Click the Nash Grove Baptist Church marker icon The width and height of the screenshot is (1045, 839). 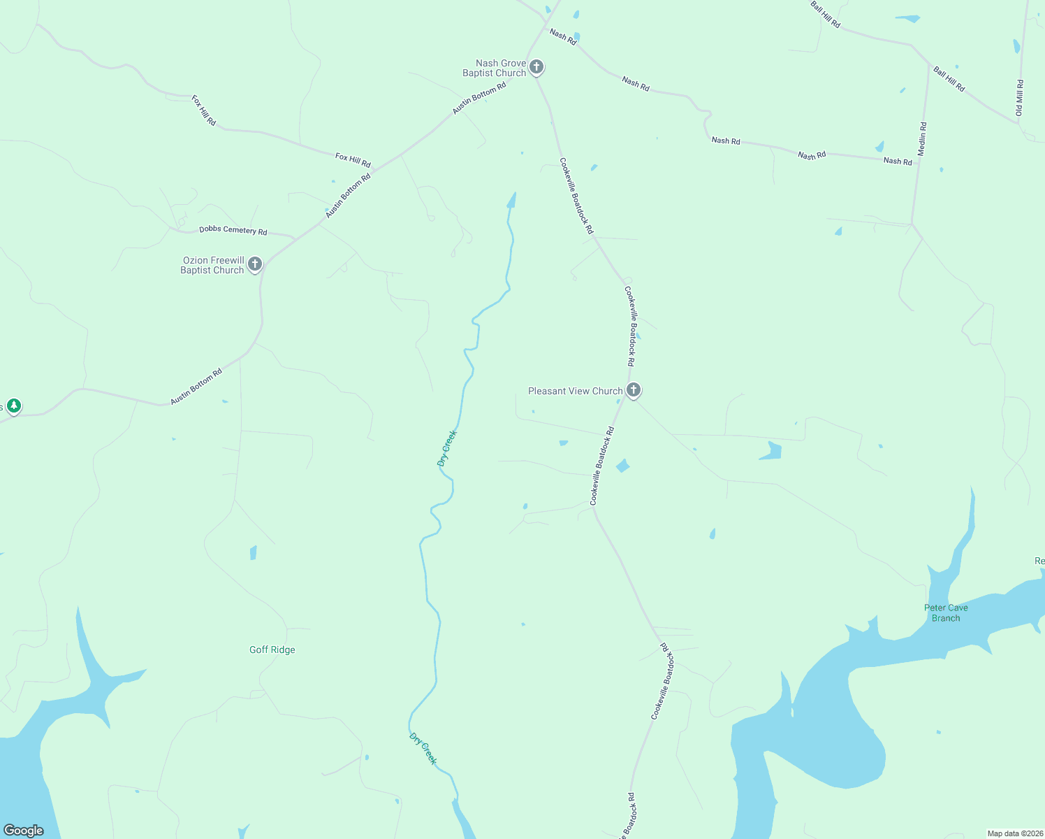[x=536, y=67]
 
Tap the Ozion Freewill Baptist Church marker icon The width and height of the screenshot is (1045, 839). [x=255, y=264]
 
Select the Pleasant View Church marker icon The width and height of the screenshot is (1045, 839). [x=634, y=390]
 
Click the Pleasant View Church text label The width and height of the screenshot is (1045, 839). [x=575, y=391]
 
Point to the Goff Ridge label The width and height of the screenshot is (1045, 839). [x=272, y=650]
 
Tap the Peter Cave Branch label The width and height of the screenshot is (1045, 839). [x=946, y=612]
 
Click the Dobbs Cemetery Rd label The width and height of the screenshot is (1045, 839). [x=233, y=230]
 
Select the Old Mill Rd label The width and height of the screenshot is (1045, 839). [x=1019, y=98]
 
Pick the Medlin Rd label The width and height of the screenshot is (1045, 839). [x=922, y=139]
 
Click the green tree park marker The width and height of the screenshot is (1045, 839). [x=13, y=406]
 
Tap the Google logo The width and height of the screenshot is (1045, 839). [x=24, y=831]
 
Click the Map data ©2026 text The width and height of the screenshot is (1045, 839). [x=1015, y=833]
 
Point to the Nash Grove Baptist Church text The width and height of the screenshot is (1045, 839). [x=495, y=68]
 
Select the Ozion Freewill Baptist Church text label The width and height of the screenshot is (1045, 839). [x=212, y=265]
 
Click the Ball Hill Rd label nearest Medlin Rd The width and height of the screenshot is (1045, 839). [x=949, y=79]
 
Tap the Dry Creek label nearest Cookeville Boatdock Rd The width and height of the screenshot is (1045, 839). [x=446, y=448]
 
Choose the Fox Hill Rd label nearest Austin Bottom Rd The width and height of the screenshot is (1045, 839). [x=353, y=160]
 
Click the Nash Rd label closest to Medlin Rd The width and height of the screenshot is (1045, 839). [x=898, y=161]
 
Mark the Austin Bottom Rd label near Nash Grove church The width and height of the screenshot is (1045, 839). [x=479, y=99]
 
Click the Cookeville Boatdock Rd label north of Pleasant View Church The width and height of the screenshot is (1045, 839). [x=631, y=326]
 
